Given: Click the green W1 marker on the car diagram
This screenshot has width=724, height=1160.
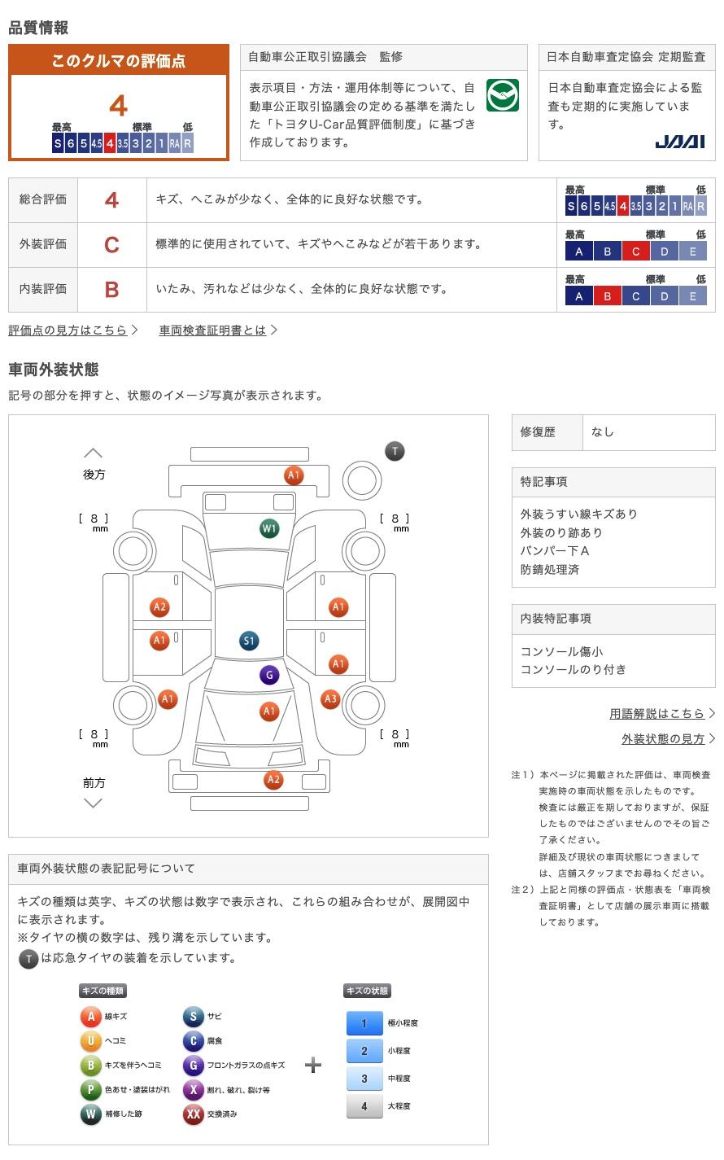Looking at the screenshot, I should point(269,528).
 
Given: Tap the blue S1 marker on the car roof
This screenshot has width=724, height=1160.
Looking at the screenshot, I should point(249,641).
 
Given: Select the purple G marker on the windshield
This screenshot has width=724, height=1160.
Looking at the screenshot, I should point(269,675).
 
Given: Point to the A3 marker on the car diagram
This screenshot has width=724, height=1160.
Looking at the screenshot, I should point(330,698).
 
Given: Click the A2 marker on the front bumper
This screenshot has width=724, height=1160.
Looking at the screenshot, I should point(273,780).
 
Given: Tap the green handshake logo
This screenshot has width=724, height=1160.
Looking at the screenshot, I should point(502,96).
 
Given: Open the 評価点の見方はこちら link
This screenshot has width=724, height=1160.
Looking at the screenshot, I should point(68,330).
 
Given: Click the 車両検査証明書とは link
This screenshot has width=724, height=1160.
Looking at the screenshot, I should point(212,330).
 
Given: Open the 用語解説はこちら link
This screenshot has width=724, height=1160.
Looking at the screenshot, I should point(657,713).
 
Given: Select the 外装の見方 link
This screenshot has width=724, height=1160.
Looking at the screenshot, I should point(663,738).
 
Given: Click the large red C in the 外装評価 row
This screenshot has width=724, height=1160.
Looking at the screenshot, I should point(112,244).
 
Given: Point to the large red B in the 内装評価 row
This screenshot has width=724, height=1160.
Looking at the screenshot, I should point(112,289).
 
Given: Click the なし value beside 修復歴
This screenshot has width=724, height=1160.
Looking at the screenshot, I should point(603,432).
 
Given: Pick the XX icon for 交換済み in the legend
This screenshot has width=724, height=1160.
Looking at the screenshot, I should point(194,1114).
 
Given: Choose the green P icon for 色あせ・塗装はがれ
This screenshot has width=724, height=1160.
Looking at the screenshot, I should point(91,1089).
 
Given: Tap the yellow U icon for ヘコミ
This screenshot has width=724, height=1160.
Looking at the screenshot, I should point(91,1040).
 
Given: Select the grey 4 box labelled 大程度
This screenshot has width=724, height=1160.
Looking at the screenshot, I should point(364,1106).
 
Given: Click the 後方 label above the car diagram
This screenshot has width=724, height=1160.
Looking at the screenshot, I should point(94,474).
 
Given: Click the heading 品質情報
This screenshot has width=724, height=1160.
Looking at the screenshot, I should point(38,28).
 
